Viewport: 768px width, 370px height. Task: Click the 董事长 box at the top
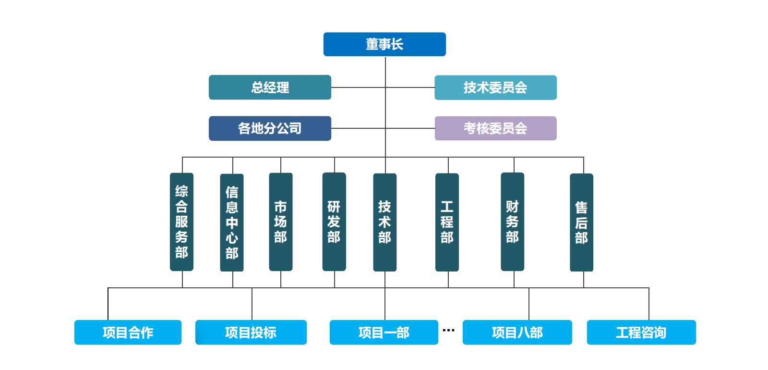coord(384,44)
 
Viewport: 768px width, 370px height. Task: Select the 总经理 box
coord(270,87)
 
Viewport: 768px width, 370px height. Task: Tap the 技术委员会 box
coord(495,87)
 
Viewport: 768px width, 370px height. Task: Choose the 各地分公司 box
coord(270,128)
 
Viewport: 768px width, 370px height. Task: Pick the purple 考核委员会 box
coord(495,128)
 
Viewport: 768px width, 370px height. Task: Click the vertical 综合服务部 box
coord(182,222)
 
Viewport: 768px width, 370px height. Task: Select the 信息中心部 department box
coord(232,222)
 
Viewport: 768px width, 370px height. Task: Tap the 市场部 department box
coord(281,222)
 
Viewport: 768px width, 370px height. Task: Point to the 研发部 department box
coord(334,222)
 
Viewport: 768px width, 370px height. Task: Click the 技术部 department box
coord(384,222)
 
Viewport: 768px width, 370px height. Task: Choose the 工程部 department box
coord(447,222)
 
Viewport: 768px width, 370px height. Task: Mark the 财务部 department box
coord(513,222)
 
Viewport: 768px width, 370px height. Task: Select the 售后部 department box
coord(581,222)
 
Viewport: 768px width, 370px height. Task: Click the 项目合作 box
coord(128,332)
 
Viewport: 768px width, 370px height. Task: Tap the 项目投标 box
coord(251,332)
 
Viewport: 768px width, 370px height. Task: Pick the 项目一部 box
coord(384,332)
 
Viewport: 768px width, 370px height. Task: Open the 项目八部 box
coord(517,332)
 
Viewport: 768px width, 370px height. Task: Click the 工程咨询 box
coord(641,332)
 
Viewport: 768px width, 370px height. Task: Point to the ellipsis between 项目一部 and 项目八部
coord(448,330)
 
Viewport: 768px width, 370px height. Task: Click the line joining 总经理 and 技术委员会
coord(383,87)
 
